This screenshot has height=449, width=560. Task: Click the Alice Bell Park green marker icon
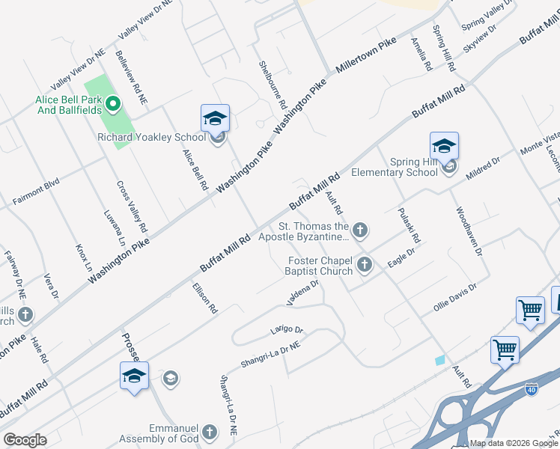point(114,104)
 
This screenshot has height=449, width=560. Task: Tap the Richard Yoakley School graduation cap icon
point(215,119)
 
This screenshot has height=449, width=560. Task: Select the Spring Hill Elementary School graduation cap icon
point(444,146)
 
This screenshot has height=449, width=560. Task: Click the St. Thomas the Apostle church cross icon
point(360,230)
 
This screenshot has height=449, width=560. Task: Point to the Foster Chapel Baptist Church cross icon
point(365,263)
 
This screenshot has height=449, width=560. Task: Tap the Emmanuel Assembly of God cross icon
point(210,432)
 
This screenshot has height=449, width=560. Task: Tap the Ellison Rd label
point(204,297)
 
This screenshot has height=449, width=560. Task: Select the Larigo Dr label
point(287,330)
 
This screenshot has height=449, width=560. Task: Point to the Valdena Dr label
point(302,293)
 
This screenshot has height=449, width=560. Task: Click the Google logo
point(25,440)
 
